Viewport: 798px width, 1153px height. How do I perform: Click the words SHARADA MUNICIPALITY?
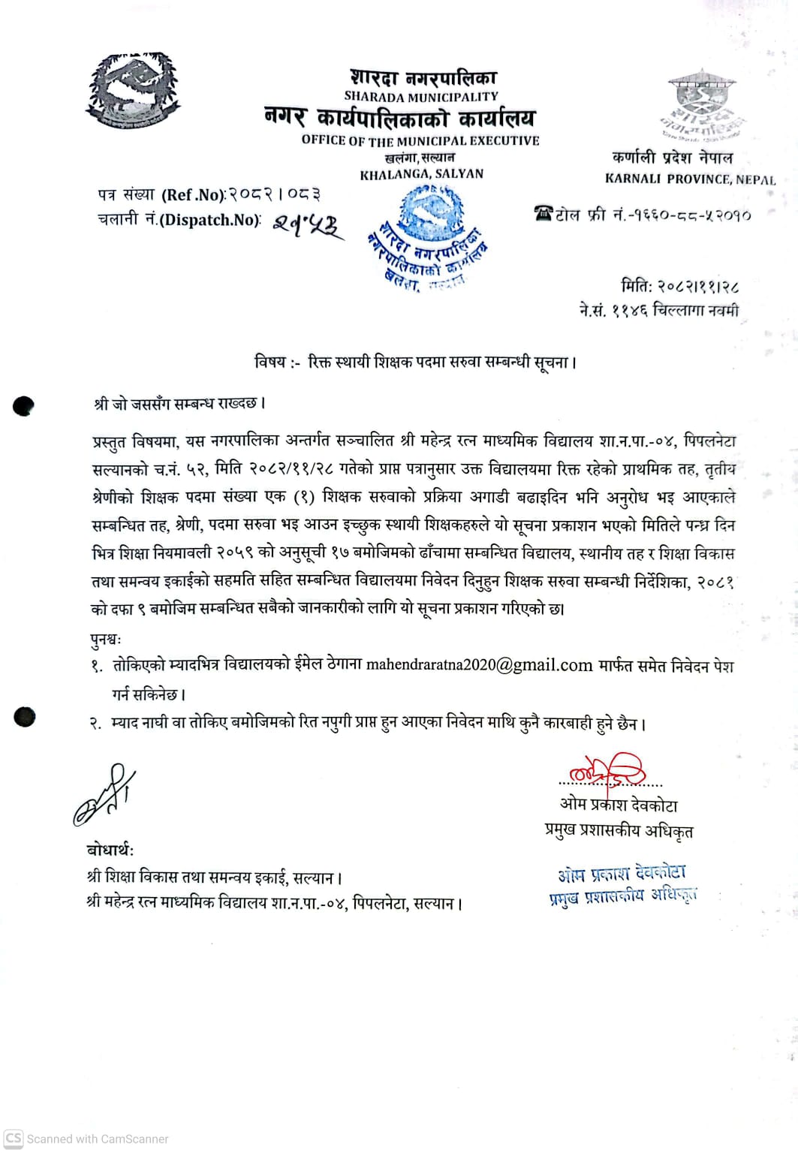coord(420,97)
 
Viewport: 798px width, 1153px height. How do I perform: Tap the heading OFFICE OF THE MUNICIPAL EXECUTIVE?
coord(420,140)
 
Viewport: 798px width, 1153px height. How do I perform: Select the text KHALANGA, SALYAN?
coord(421,174)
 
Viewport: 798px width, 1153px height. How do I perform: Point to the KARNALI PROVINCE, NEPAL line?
coord(690,179)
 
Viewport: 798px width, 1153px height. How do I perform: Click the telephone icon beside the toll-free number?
coord(543,214)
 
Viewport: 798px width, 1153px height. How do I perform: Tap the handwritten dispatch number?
coord(306,224)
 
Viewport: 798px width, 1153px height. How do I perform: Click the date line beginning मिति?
coord(680,286)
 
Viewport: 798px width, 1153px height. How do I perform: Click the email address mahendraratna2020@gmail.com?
coord(479,665)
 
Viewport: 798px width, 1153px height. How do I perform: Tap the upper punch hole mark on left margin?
coord(24,406)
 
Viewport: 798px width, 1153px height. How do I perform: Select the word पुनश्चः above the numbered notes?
coord(105,640)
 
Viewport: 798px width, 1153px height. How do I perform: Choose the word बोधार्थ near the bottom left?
coord(110,850)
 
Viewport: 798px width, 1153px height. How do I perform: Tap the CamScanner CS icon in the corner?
coord(14,1138)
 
